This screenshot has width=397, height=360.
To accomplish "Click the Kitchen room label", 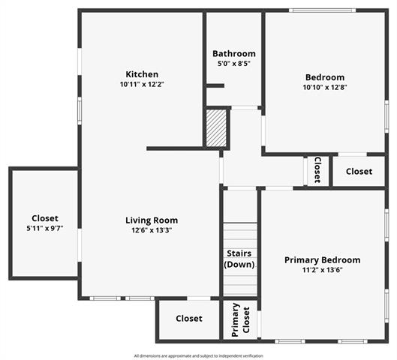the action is pos(142,74).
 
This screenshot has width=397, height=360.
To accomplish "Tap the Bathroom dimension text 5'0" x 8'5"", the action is pos(233,63).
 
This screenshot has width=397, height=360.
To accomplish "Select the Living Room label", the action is pos(152,220).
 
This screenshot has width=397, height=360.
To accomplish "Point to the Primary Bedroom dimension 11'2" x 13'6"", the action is pos(322,270).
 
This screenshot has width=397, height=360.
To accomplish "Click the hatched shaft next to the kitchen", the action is pos(216,128).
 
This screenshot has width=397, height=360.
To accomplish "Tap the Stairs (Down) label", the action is pos(239,259).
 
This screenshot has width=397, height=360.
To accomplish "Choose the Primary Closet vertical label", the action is pos(241,319).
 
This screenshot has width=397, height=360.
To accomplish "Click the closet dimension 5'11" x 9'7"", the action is pos(45,229).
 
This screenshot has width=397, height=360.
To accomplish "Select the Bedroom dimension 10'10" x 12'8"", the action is pos(325,87).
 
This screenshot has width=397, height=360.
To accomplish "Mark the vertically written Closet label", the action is pos(317,169).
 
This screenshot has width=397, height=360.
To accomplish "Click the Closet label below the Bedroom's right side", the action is pos(359,172).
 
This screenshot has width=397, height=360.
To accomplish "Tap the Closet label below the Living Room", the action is pos(189,319).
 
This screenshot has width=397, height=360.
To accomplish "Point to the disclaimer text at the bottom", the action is pos(198,356).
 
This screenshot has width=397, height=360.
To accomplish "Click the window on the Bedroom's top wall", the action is pos(322,10).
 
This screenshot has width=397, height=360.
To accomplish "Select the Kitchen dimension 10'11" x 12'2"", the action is pos(142,84).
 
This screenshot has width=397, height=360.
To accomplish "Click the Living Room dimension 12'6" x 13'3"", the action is pos(152,230).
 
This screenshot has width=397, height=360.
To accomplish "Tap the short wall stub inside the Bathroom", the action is pos(215,85).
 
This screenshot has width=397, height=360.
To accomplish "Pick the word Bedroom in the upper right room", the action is pos(325,77).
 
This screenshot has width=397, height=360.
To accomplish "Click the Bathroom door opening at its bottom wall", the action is pos(245,108).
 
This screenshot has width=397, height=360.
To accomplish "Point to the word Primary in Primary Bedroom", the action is pos(302,260).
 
